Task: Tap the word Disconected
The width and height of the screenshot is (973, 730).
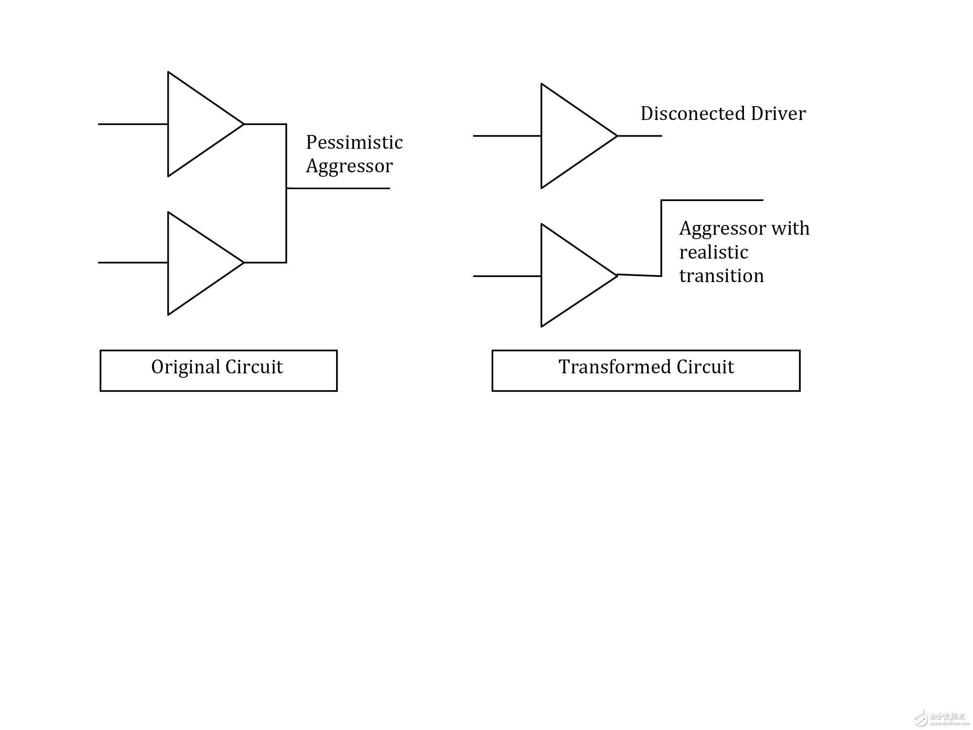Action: tap(693, 113)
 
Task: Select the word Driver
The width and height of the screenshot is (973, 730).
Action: tap(778, 113)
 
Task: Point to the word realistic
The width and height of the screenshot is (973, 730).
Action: tap(714, 253)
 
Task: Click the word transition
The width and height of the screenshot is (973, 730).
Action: tap(721, 276)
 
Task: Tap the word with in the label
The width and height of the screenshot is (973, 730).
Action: tap(791, 228)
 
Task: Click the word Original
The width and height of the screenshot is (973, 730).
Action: tap(186, 367)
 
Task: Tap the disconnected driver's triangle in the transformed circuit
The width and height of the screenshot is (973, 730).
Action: tap(542, 136)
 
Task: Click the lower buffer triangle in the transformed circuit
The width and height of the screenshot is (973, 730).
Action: tap(542, 276)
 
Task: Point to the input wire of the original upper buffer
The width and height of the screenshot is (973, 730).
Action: tap(133, 124)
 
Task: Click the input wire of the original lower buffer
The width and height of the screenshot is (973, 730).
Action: tap(133, 263)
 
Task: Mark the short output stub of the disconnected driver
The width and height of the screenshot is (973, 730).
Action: tap(640, 136)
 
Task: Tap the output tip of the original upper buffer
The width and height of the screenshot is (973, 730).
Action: tap(244, 124)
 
